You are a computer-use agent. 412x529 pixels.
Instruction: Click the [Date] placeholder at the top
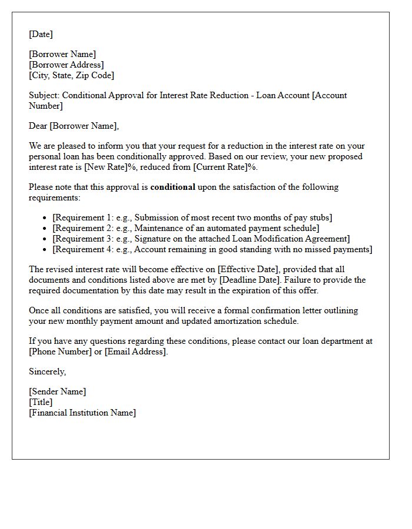click(x=41, y=34)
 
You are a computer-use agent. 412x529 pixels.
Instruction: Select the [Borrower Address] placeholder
click(x=67, y=65)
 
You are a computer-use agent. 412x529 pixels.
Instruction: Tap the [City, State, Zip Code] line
click(x=71, y=75)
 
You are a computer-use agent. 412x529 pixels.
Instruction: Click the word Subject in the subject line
click(x=44, y=95)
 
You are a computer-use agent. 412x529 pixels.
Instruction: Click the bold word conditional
click(x=173, y=187)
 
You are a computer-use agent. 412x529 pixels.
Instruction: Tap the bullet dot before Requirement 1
click(x=45, y=218)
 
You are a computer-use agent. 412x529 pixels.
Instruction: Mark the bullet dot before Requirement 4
click(x=45, y=250)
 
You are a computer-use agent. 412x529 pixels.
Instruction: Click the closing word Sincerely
click(x=47, y=371)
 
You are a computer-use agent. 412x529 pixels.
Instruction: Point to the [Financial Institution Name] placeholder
click(x=82, y=413)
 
